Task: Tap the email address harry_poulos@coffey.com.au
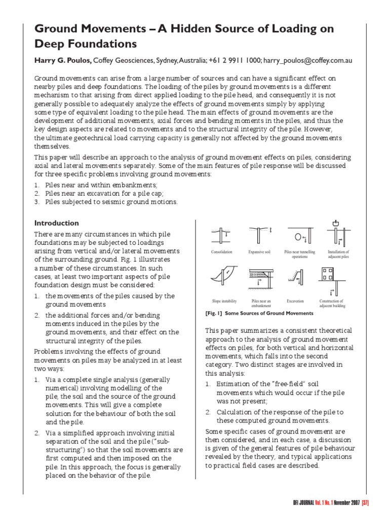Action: (x=308, y=60)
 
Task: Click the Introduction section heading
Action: (x=56, y=223)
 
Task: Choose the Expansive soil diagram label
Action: (x=259, y=252)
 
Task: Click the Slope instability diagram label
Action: (x=223, y=300)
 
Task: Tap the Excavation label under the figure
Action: (x=295, y=300)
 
